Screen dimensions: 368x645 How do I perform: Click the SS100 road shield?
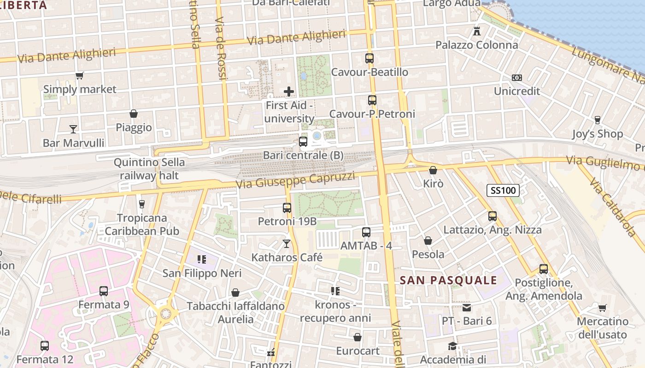[503, 190]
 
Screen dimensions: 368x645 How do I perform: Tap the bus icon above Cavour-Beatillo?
[369, 58]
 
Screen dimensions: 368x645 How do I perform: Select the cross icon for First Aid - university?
[289, 92]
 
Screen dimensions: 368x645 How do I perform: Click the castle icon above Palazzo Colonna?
[477, 31]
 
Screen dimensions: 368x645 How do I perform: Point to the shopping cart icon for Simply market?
[80, 75]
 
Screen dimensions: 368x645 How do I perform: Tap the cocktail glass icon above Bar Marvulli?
[73, 129]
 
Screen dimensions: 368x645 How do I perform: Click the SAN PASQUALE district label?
[448, 280]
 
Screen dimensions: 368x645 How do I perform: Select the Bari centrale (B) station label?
[303, 155]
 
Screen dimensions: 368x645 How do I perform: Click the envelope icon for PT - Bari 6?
[467, 307]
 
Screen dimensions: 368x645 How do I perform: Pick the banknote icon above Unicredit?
[517, 78]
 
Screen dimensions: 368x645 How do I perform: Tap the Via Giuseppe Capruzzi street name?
[295, 180]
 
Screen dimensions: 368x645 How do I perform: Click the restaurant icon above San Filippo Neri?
[201, 259]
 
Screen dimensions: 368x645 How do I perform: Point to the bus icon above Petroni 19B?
[287, 207]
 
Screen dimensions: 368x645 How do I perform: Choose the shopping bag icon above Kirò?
[433, 170]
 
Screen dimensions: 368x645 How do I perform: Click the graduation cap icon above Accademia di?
[453, 346]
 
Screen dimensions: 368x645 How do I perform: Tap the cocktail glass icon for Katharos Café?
[287, 243]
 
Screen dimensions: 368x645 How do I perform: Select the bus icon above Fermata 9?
[104, 291]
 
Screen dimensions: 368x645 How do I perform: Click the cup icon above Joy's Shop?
[598, 120]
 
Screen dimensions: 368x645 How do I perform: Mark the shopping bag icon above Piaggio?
[134, 114]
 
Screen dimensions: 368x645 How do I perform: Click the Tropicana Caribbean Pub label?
[142, 224]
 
